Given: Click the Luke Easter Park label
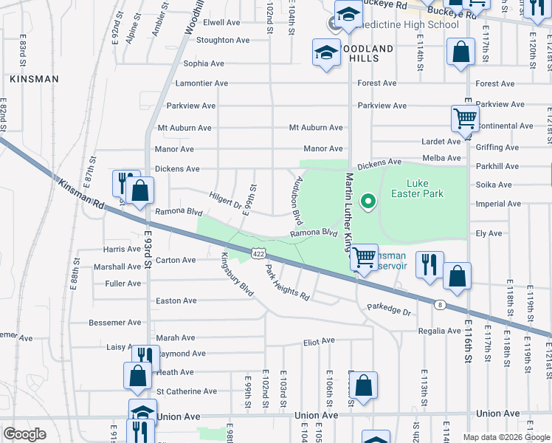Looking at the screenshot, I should click(x=424, y=188).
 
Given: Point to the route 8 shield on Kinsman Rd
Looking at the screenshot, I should click(x=440, y=303).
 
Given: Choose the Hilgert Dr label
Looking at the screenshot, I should click(x=225, y=199).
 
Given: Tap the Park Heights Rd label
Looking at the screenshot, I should click(x=287, y=283).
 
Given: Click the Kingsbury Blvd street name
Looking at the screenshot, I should click(x=238, y=275).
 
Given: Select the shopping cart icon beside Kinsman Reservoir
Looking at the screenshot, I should click(x=365, y=258).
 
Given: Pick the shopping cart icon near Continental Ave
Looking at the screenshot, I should click(x=465, y=117).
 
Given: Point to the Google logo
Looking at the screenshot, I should click(x=25, y=434).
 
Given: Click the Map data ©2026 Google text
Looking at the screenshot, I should click(x=506, y=437).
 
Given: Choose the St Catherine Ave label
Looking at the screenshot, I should click(x=187, y=391).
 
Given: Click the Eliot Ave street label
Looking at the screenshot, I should click(x=319, y=342).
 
